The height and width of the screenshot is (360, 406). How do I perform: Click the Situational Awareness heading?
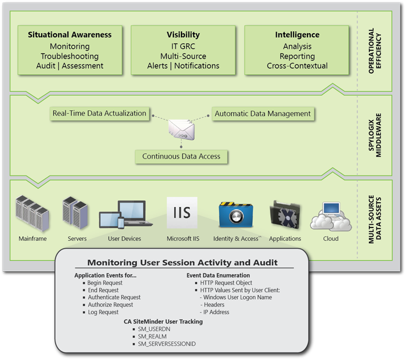pos(70,35)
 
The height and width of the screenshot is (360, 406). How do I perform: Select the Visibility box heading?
pos(183,35)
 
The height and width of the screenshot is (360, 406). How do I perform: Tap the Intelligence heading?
pos(297,35)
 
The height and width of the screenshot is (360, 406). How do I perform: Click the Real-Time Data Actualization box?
pos(99,113)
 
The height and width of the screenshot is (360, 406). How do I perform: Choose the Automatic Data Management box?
pos(263,114)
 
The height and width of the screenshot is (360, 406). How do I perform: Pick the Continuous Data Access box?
pos(181,156)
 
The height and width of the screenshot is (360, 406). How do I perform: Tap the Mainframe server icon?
pos(32,213)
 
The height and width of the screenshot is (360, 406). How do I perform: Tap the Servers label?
pos(77,239)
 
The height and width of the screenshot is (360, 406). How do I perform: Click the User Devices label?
pos(125,239)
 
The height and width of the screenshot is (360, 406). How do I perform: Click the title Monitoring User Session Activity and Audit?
pos(182,262)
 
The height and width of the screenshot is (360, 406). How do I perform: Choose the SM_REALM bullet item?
pos(153,336)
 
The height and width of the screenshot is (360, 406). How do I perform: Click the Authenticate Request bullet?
pos(114,297)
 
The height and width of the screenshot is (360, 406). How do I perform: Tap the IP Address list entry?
pos(216,312)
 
